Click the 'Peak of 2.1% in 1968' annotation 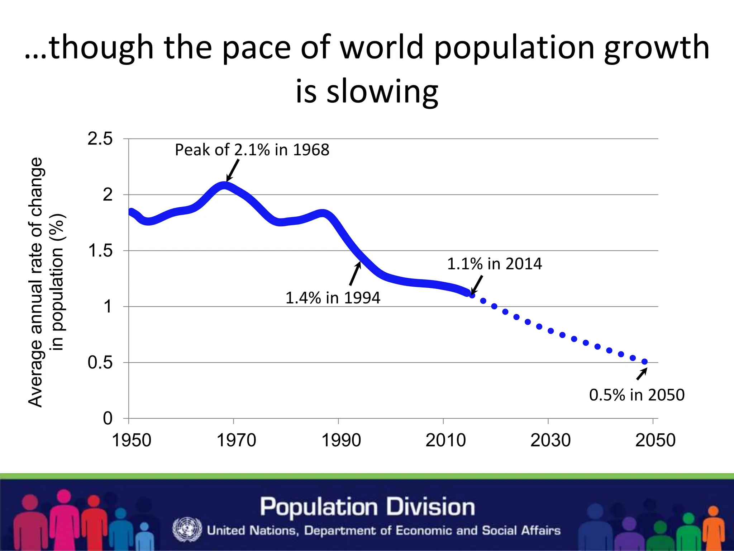click(x=252, y=150)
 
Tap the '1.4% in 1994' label click(x=333, y=298)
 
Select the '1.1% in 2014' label click(x=494, y=264)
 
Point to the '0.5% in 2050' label click(x=637, y=395)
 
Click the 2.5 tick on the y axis click(x=100, y=139)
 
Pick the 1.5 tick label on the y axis click(x=100, y=251)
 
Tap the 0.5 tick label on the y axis click(x=100, y=363)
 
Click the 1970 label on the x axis click(x=236, y=440)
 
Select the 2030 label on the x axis click(x=550, y=440)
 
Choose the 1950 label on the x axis click(x=132, y=440)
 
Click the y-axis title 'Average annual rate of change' click(x=36, y=282)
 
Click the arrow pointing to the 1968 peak click(x=233, y=170)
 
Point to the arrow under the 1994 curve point click(x=355, y=274)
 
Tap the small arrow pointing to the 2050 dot click(x=642, y=374)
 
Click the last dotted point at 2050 click(x=644, y=362)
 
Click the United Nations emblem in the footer click(x=187, y=529)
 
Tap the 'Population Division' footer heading click(x=367, y=507)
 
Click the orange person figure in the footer click(x=713, y=527)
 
